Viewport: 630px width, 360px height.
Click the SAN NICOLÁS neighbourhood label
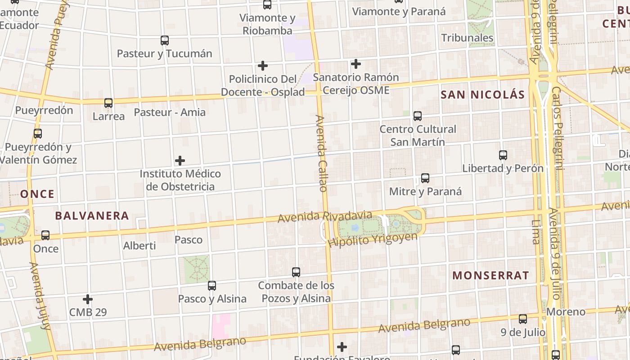pyautogui.click(x=482, y=94)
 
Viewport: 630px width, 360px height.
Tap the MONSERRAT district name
pyautogui.click(x=490, y=275)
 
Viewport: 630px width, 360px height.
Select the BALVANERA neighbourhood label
pyautogui.click(x=92, y=216)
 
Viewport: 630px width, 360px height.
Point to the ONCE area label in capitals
pyautogui.click(x=37, y=194)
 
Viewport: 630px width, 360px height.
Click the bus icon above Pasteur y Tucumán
pyautogui.click(x=165, y=40)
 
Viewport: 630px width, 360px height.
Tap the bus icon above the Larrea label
pyautogui.click(x=108, y=103)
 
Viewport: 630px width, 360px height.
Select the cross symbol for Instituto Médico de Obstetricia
pyautogui.click(x=180, y=161)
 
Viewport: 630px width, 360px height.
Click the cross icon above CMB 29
pyautogui.click(x=88, y=299)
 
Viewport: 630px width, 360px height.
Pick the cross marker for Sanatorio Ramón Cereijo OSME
pyautogui.click(x=356, y=64)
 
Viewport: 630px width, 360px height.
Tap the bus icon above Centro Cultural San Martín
pyautogui.click(x=418, y=116)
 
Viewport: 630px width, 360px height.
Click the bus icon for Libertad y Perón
pyautogui.click(x=503, y=155)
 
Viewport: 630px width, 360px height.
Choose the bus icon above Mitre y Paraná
pyautogui.click(x=425, y=178)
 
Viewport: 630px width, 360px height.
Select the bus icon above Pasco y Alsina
pyautogui.click(x=212, y=286)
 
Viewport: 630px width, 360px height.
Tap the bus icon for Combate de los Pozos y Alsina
pyautogui.click(x=296, y=272)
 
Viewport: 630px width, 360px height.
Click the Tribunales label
pyautogui.click(x=467, y=38)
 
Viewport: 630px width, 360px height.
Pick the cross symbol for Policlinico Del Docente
pyautogui.click(x=263, y=66)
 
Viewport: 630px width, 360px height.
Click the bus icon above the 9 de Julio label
pyautogui.click(x=523, y=319)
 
